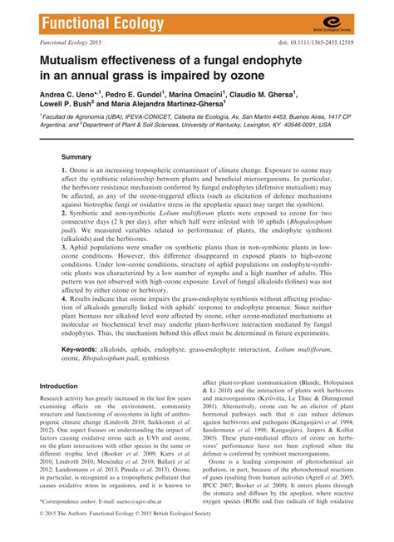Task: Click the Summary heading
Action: pos(76,157)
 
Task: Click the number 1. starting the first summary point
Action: pos(64,170)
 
